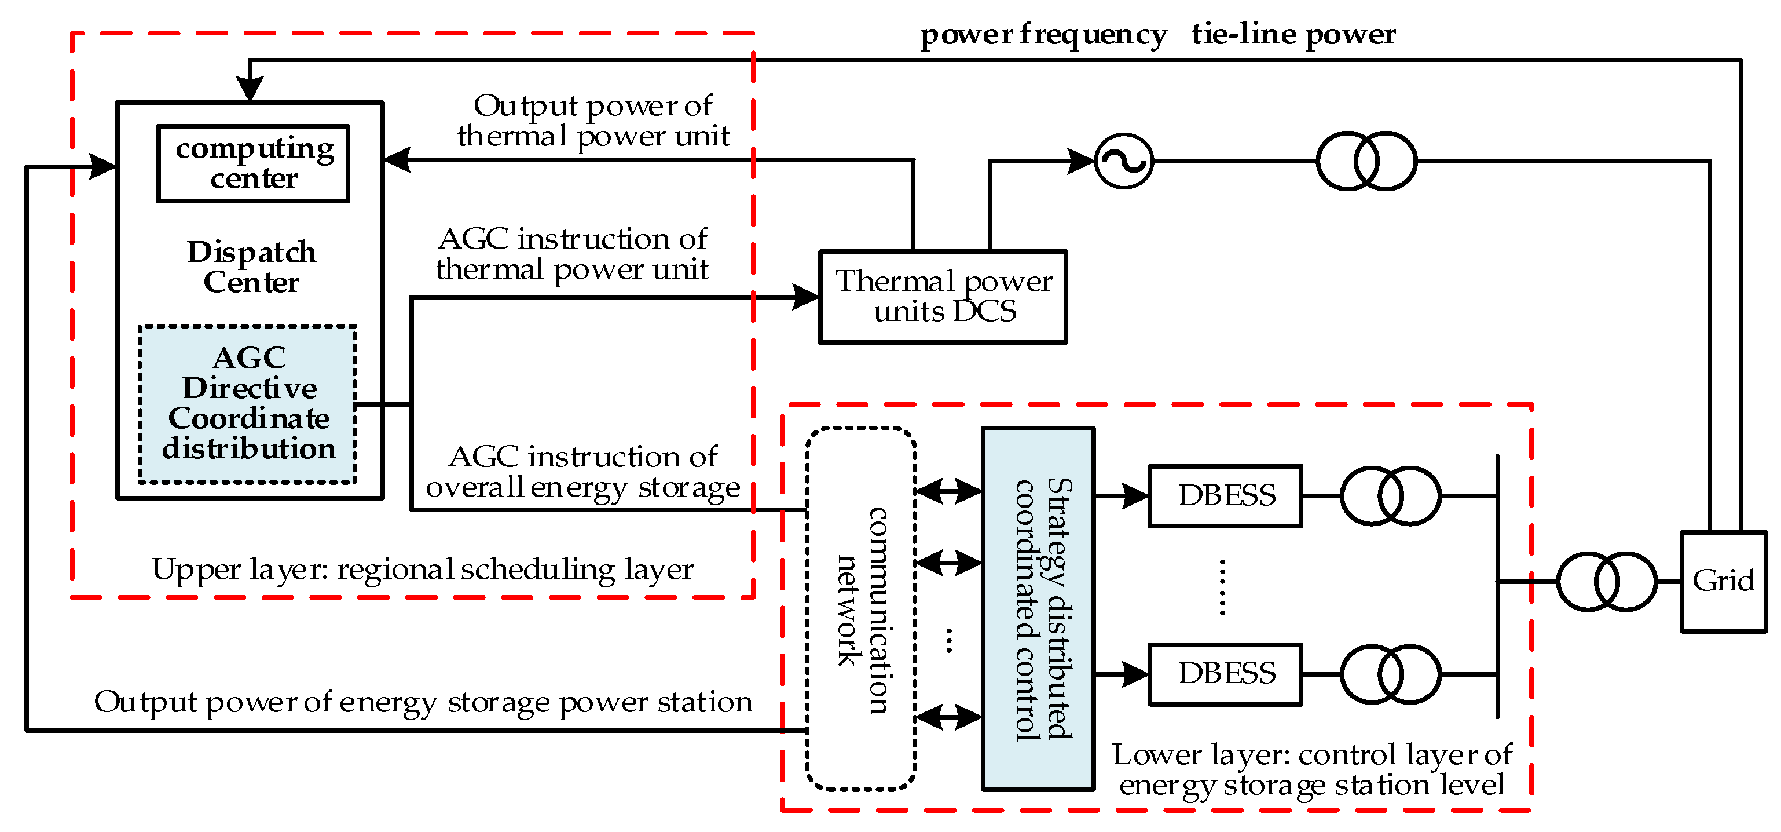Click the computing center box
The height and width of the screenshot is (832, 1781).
point(253,164)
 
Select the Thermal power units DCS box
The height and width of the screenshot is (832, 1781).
point(943,297)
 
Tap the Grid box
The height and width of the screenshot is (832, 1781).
point(1723,581)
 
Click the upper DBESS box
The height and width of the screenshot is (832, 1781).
point(1225,496)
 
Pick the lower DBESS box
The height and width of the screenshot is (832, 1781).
point(1225,674)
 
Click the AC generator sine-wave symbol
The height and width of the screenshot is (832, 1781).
point(1124,161)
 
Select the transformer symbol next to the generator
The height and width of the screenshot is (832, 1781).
point(1366,161)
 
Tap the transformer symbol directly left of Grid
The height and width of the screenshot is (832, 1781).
point(1607,582)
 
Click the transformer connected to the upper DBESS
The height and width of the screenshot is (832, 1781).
point(1390,496)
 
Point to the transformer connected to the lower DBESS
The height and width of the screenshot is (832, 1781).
point(1390,674)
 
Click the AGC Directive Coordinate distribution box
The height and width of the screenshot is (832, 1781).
point(247,403)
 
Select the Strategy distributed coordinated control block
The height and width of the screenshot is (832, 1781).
point(1038,608)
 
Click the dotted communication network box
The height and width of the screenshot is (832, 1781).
point(862,608)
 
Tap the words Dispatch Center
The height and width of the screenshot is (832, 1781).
point(252,267)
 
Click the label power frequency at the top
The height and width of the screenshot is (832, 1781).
point(1043,35)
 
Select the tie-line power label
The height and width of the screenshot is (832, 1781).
point(1293,35)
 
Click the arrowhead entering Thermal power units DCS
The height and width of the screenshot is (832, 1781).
point(805,297)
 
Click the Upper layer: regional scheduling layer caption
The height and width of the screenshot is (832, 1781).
point(423,570)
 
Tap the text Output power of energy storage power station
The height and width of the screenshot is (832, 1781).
point(423,703)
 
